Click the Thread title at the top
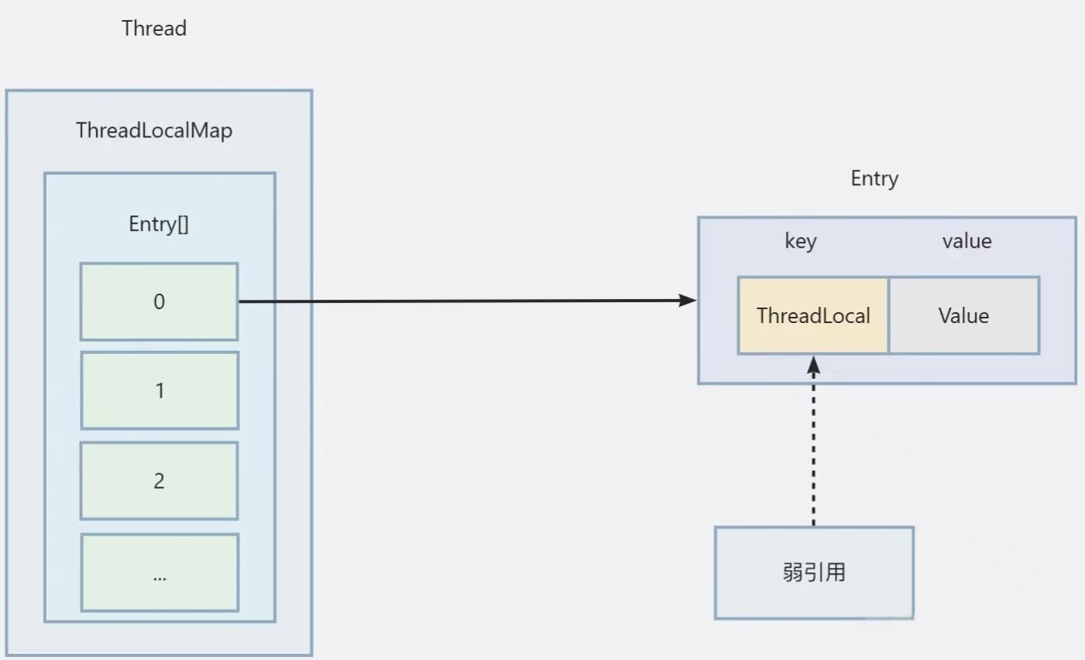[154, 29]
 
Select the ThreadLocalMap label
[154, 131]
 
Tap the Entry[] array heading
[159, 225]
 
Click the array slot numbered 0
[159, 301]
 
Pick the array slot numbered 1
[159, 390]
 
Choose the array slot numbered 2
[159, 481]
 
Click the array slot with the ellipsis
[159, 572]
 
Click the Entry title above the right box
[874, 179]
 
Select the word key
[801, 242]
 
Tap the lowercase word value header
[966, 242]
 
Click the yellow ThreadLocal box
[813, 316]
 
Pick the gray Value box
[963, 316]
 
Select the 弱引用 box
[814, 573]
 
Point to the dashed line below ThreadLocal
[813, 449]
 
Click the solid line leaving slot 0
[465, 301]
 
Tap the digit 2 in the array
[159, 481]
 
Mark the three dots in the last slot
[159, 576]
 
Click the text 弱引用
[814, 573]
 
